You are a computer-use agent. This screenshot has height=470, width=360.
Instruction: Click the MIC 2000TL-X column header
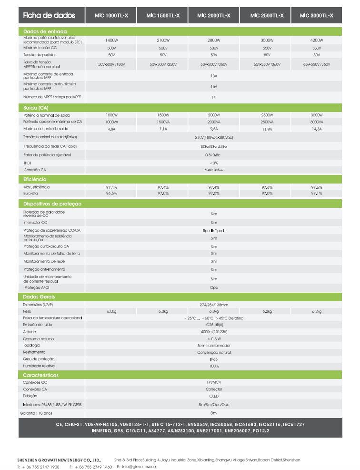coord(214,16)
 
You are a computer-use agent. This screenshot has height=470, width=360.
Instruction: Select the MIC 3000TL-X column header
coord(317,16)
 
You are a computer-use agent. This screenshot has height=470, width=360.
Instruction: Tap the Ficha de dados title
coord(49,16)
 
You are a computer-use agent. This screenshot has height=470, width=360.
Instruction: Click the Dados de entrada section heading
coord(45,31)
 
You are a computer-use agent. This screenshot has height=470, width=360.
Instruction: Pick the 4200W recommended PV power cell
coord(317,41)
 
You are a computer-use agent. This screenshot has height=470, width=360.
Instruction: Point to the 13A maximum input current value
coord(214,75)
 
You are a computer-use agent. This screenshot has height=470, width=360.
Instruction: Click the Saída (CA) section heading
coord(36,108)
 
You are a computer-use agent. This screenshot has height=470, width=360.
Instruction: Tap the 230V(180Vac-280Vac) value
coord(214,137)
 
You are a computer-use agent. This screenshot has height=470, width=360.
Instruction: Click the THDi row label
coord(27,163)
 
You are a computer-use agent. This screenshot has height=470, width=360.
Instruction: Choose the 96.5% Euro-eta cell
coord(111,194)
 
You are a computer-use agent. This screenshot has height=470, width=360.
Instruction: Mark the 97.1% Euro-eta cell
coord(317,194)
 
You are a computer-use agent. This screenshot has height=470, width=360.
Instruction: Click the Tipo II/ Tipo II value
coord(214,230)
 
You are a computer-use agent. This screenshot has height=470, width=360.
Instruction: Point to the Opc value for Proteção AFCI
coord(214,288)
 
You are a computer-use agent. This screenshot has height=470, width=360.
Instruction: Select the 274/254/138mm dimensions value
coord(214,305)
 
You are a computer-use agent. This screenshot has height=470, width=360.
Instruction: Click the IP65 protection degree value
coord(214,359)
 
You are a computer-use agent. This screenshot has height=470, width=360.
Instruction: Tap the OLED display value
coord(214,396)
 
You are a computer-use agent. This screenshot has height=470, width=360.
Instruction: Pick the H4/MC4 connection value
coord(214,382)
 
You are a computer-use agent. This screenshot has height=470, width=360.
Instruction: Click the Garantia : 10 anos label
coord(37,413)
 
